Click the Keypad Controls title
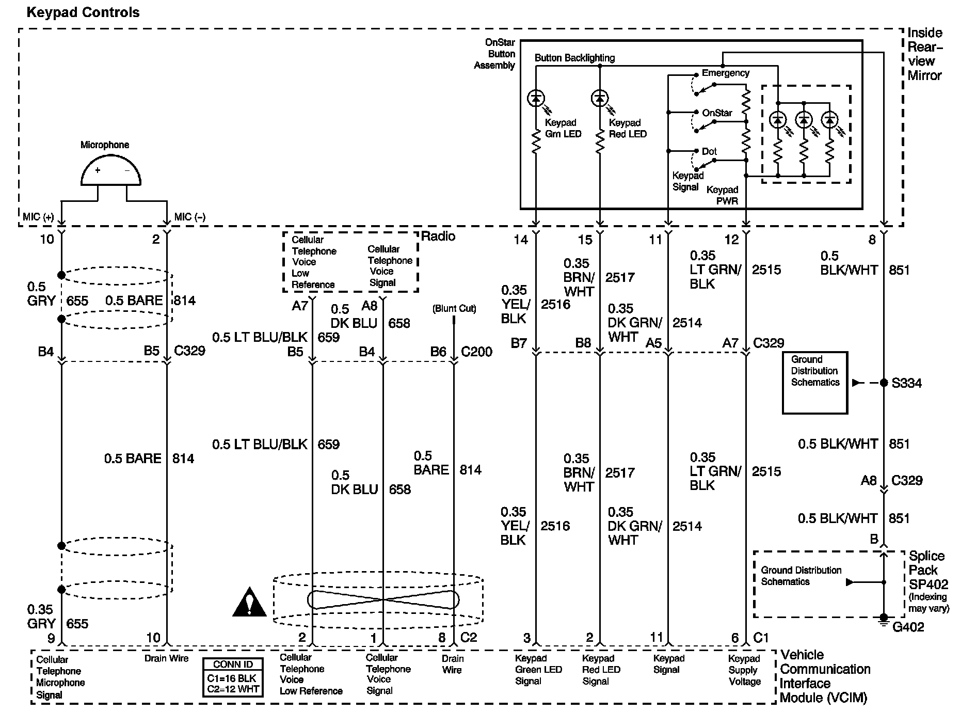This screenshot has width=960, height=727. coord(83,12)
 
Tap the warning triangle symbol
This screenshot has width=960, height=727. coord(249,603)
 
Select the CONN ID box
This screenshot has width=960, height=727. coord(233,677)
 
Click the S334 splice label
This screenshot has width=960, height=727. coord(906,383)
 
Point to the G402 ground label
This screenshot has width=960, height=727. coord(908,627)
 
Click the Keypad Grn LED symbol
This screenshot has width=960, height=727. coord(536,98)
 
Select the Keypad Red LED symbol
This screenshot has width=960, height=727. coord(600,98)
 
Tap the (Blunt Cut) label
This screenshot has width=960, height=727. coord(454,309)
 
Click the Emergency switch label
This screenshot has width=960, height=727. coord(725,73)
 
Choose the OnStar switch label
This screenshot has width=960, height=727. coord(717,113)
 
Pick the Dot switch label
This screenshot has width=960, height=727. coord(709,151)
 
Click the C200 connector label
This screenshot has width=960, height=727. coord(476,352)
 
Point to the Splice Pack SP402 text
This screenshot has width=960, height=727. coord(928,570)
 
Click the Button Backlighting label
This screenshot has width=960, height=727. coord(574,58)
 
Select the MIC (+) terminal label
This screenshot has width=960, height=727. coord(38,217)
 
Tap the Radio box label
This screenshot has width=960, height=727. coord(438,236)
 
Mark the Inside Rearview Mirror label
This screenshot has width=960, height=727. coord(924,54)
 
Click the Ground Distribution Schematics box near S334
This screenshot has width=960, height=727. coord(815,383)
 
